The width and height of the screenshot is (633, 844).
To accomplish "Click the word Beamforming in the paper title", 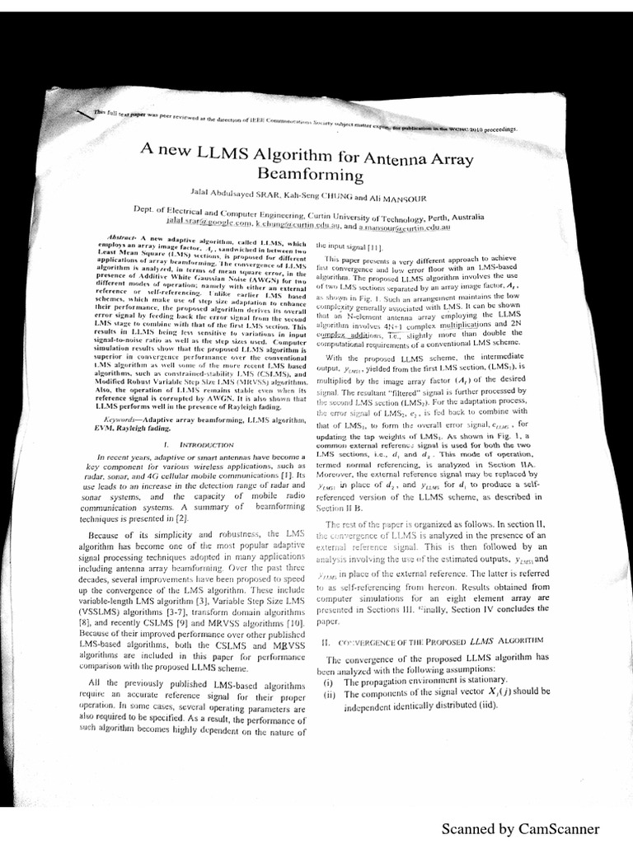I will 311,176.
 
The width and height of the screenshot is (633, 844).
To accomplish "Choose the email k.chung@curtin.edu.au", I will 295,224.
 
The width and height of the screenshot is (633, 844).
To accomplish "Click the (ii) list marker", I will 328,694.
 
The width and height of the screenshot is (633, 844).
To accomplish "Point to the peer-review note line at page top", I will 305,124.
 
